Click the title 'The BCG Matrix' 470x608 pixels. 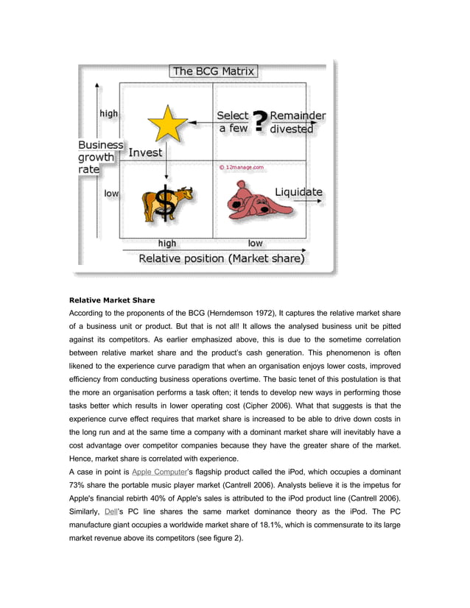click(x=214, y=71)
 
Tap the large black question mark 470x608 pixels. click(x=259, y=121)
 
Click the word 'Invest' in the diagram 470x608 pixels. click(x=145, y=152)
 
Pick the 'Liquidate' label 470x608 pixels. click(x=298, y=192)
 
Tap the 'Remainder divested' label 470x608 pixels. click(x=297, y=122)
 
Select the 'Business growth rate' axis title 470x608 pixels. click(x=101, y=157)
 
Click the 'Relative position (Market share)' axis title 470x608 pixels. click(x=222, y=258)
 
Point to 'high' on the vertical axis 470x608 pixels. click(x=108, y=113)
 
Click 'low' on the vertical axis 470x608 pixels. click(x=111, y=193)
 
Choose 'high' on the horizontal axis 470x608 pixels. click(x=167, y=243)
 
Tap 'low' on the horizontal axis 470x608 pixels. click(x=255, y=243)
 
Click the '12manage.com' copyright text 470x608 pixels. click(x=241, y=167)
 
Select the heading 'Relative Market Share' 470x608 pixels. click(x=112, y=300)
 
